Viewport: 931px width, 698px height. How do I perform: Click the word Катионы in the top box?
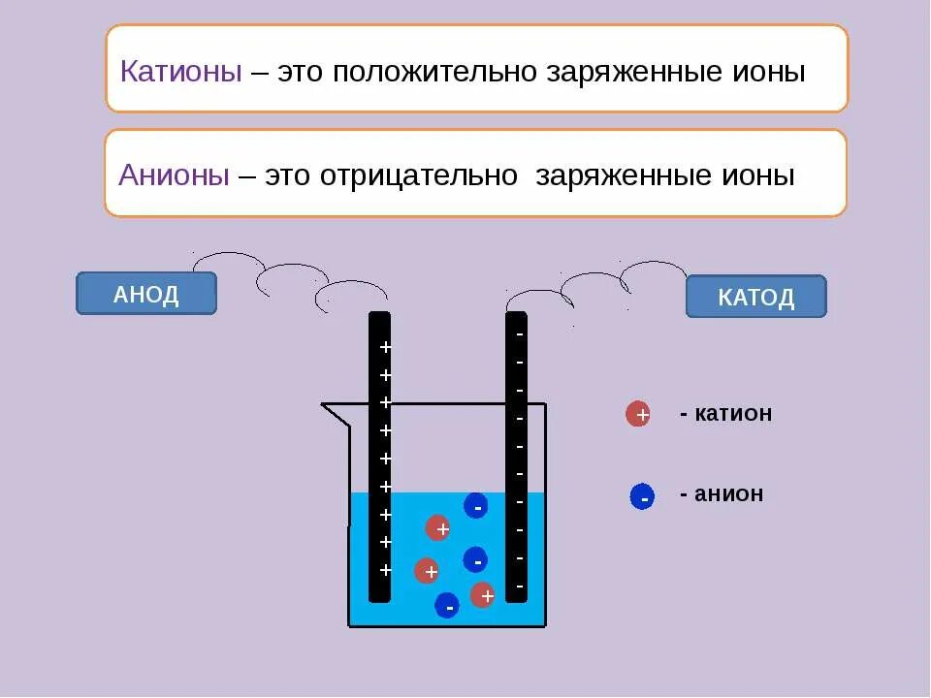(x=180, y=73)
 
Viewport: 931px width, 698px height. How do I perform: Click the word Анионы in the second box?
(x=175, y=175)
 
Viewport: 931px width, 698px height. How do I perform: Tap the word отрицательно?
(x=419, y=175)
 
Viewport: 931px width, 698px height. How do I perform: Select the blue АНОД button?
(x=146, y=294)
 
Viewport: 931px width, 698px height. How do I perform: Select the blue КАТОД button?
(x=755, y=297)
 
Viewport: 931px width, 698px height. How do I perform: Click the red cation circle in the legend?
(x=638, y=415)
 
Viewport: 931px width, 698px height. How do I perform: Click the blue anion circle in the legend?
(x=641, y=497)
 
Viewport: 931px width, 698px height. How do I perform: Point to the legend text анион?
(x=729, y=494)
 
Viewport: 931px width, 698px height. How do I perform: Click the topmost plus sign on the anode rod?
(x=385, y=347)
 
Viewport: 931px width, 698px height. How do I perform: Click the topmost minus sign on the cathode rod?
(x=520, y=334)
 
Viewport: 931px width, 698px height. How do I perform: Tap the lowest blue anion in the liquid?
(x=446, y=605)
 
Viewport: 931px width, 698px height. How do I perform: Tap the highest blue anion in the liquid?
(x=475, y=505)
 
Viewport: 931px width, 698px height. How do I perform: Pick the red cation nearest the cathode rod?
(x=483, y=594)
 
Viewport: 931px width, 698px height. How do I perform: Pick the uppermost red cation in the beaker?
(x=438, y=528)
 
